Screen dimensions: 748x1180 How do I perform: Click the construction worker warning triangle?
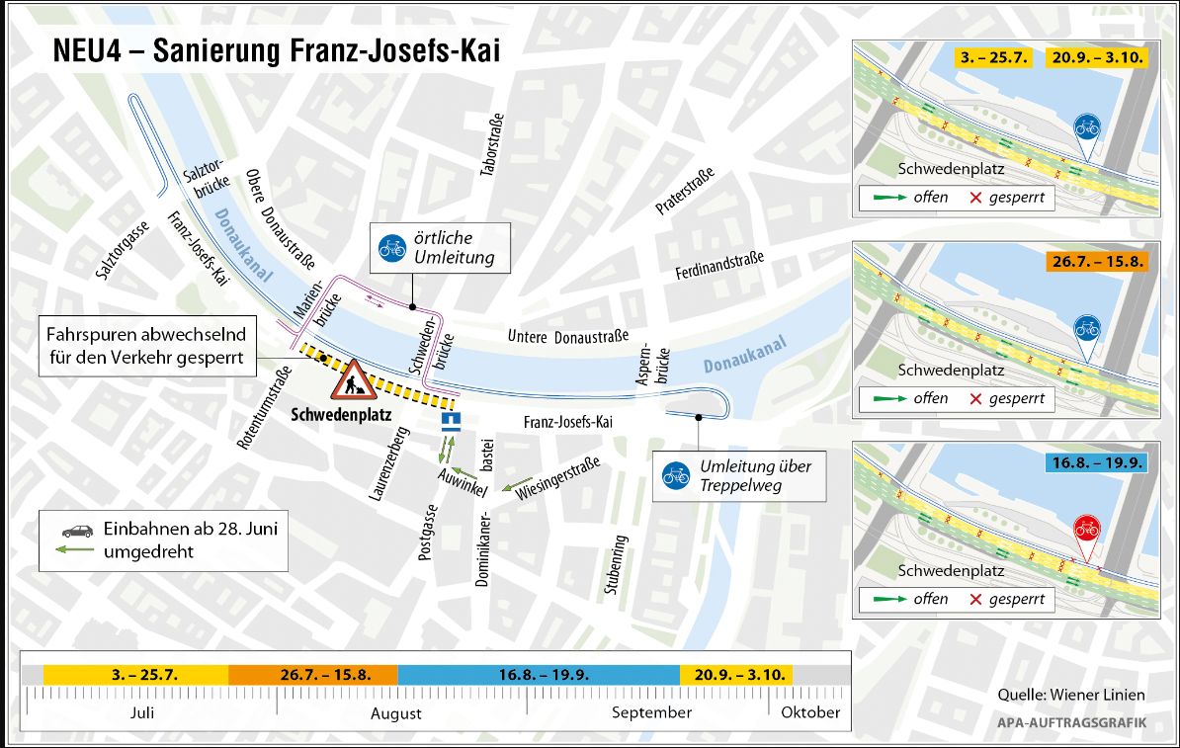351,377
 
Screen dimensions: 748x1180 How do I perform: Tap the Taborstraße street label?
487,144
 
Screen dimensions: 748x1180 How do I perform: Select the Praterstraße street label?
684,192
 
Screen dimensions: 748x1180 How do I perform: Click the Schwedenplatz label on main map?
342,415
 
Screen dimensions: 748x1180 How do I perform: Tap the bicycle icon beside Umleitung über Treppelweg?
677,475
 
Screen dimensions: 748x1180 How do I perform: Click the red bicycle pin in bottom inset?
1086,530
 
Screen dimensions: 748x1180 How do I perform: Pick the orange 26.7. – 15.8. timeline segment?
312,675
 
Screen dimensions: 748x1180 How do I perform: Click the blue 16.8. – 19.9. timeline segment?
539,675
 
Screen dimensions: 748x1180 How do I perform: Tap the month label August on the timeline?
396,712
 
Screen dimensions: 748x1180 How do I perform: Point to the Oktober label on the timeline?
810,711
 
